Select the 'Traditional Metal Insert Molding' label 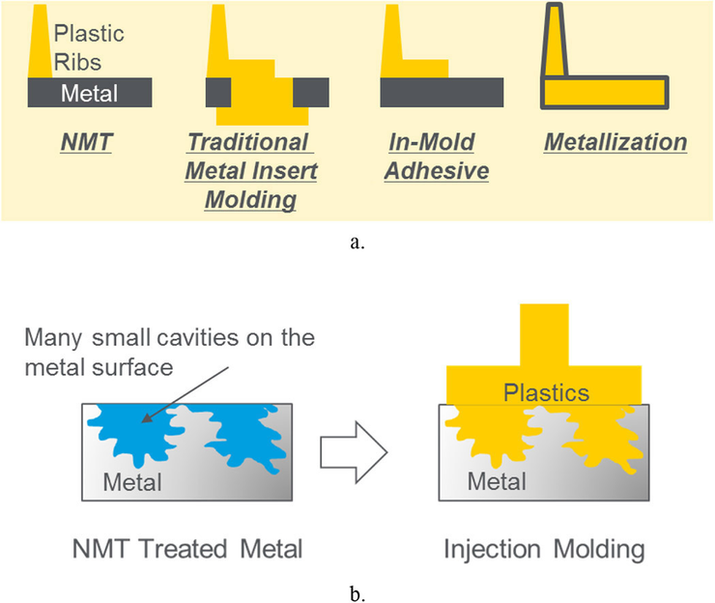click(x=253, y=171)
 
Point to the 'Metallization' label click(x=615, y=143)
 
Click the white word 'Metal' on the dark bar click(x=89, y=94)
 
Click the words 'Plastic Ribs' click(x=89, y=47)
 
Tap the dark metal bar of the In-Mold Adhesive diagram click(x=442, y=93)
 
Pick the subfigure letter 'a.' click(x=357, y=243)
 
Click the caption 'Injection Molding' click(x=544, y=550)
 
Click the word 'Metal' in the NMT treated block click(x=132, y=480)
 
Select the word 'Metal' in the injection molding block click(x=497, y=480)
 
